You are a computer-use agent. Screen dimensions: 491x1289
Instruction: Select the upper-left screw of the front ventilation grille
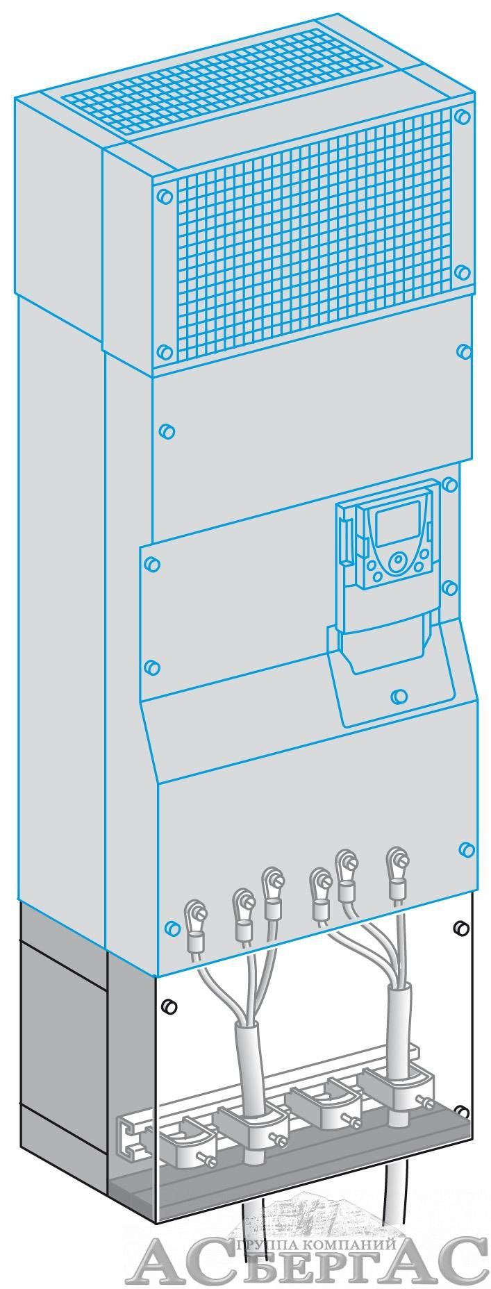163,197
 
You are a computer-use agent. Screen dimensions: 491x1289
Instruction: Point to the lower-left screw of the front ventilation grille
165,352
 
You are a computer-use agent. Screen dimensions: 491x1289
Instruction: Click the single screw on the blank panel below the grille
166,431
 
